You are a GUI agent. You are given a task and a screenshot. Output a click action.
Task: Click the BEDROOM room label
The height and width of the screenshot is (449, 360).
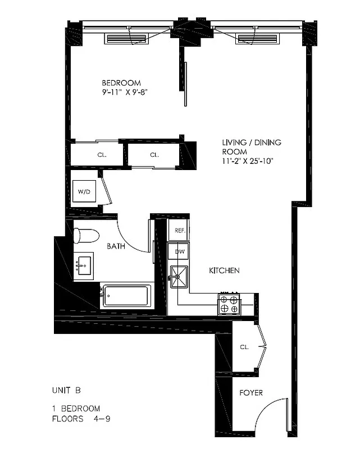(x=121, y=83)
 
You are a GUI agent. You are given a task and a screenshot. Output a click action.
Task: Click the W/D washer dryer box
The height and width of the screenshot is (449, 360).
(x=84, y=192)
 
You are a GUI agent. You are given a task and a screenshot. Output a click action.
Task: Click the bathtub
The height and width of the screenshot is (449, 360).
(x=127, y=295)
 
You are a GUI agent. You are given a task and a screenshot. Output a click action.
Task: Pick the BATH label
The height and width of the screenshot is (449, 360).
(x=116, y=246)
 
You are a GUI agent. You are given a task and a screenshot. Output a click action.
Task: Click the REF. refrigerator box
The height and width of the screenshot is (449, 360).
(x=180, y=230)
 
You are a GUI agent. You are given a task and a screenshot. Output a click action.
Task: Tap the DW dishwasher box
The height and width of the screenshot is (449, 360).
(x=180, y=251)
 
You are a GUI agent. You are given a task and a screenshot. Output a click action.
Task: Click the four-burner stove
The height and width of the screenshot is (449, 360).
(x=230, y=304)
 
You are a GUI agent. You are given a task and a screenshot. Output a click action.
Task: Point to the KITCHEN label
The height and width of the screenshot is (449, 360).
(x=224, y=271)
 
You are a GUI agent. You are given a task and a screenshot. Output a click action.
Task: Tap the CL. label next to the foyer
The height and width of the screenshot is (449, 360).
(x=244, y=347)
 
